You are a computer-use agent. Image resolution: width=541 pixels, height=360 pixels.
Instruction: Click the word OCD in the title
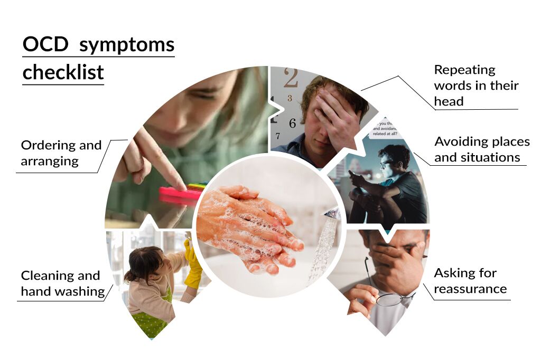coord(45,45)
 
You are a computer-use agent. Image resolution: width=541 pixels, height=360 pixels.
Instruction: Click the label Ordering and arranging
coord(61,153)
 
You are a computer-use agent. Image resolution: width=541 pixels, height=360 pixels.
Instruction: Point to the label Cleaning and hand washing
coord(60,283)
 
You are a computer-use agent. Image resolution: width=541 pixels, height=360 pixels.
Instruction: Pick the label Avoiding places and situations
coord(481,149)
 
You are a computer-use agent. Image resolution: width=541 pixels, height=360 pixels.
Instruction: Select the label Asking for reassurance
coord(470,281)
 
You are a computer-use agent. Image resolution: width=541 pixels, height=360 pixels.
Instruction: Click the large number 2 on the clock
coord(291,79)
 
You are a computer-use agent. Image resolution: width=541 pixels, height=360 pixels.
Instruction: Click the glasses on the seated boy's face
coord(385,162)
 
